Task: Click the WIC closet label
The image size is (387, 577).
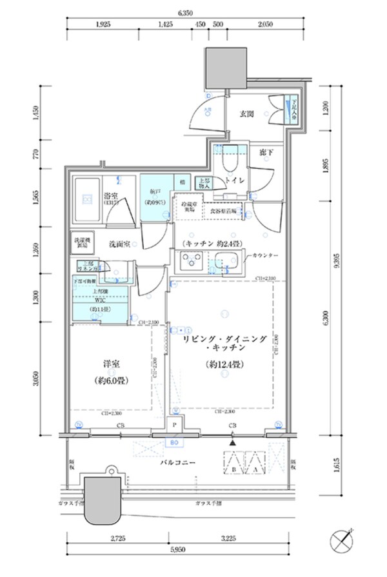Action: [100, 300]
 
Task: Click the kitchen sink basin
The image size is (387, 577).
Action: [227, 262]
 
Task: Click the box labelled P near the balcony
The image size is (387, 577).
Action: [174, 426]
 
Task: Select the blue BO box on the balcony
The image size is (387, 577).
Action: [174, 443]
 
